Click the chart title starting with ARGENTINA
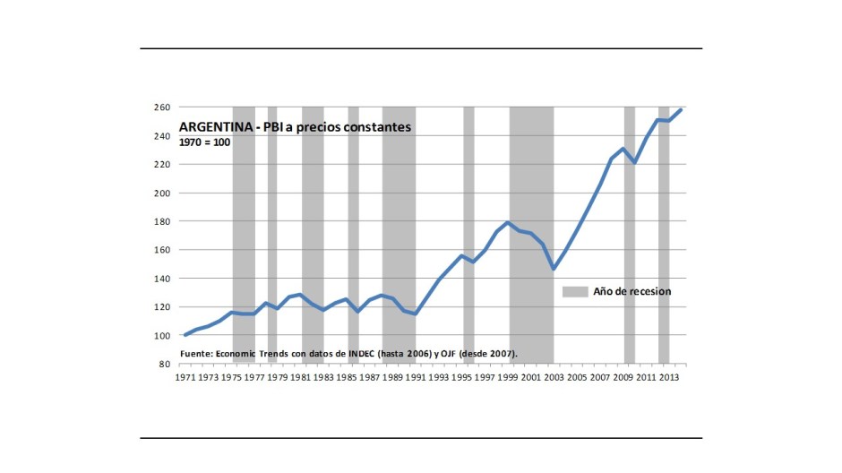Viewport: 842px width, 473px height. tap(296, 127)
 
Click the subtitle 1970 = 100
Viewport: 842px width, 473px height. tap(206, 142)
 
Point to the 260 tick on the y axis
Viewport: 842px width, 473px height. tap(161, 107)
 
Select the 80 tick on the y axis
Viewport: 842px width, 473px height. tap(164, 365)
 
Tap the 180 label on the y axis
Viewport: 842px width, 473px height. tap(161, 221)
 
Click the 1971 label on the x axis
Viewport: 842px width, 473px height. tap(185, 378)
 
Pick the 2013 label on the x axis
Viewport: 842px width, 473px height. tap(668, 378)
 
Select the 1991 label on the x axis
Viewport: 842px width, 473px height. tap(416, 378)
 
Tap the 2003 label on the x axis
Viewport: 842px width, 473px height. tap(554, 378)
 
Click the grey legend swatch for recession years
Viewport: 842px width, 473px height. tap(575, 291)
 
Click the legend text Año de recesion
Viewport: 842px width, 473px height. tap(631, 291)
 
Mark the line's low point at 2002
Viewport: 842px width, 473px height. tap(554, 269)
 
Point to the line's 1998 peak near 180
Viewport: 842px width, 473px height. tap(508, 222)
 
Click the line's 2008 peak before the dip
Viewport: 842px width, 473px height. tap(623, 149)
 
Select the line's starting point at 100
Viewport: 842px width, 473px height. tap(185, 335)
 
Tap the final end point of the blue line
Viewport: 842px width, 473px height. tap(681, 109)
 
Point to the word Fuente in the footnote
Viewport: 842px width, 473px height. tap(196, 354)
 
